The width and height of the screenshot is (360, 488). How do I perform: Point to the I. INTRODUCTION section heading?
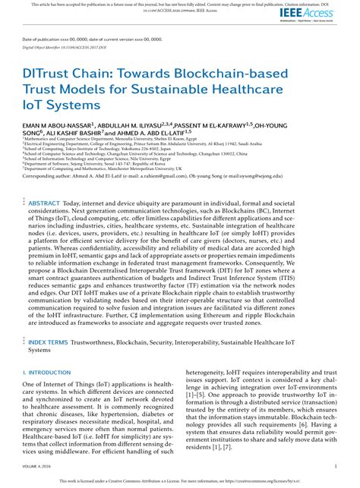pos(47,373)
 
